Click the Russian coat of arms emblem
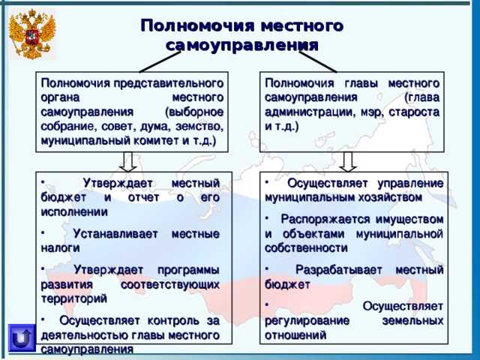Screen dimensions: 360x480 pos(32,34)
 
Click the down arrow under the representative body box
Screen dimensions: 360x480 pos(128,160)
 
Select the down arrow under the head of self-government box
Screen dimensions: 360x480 pos(348,160)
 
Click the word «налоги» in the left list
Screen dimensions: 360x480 pos(61,247)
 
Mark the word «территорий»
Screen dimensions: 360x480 pos(71,298)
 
